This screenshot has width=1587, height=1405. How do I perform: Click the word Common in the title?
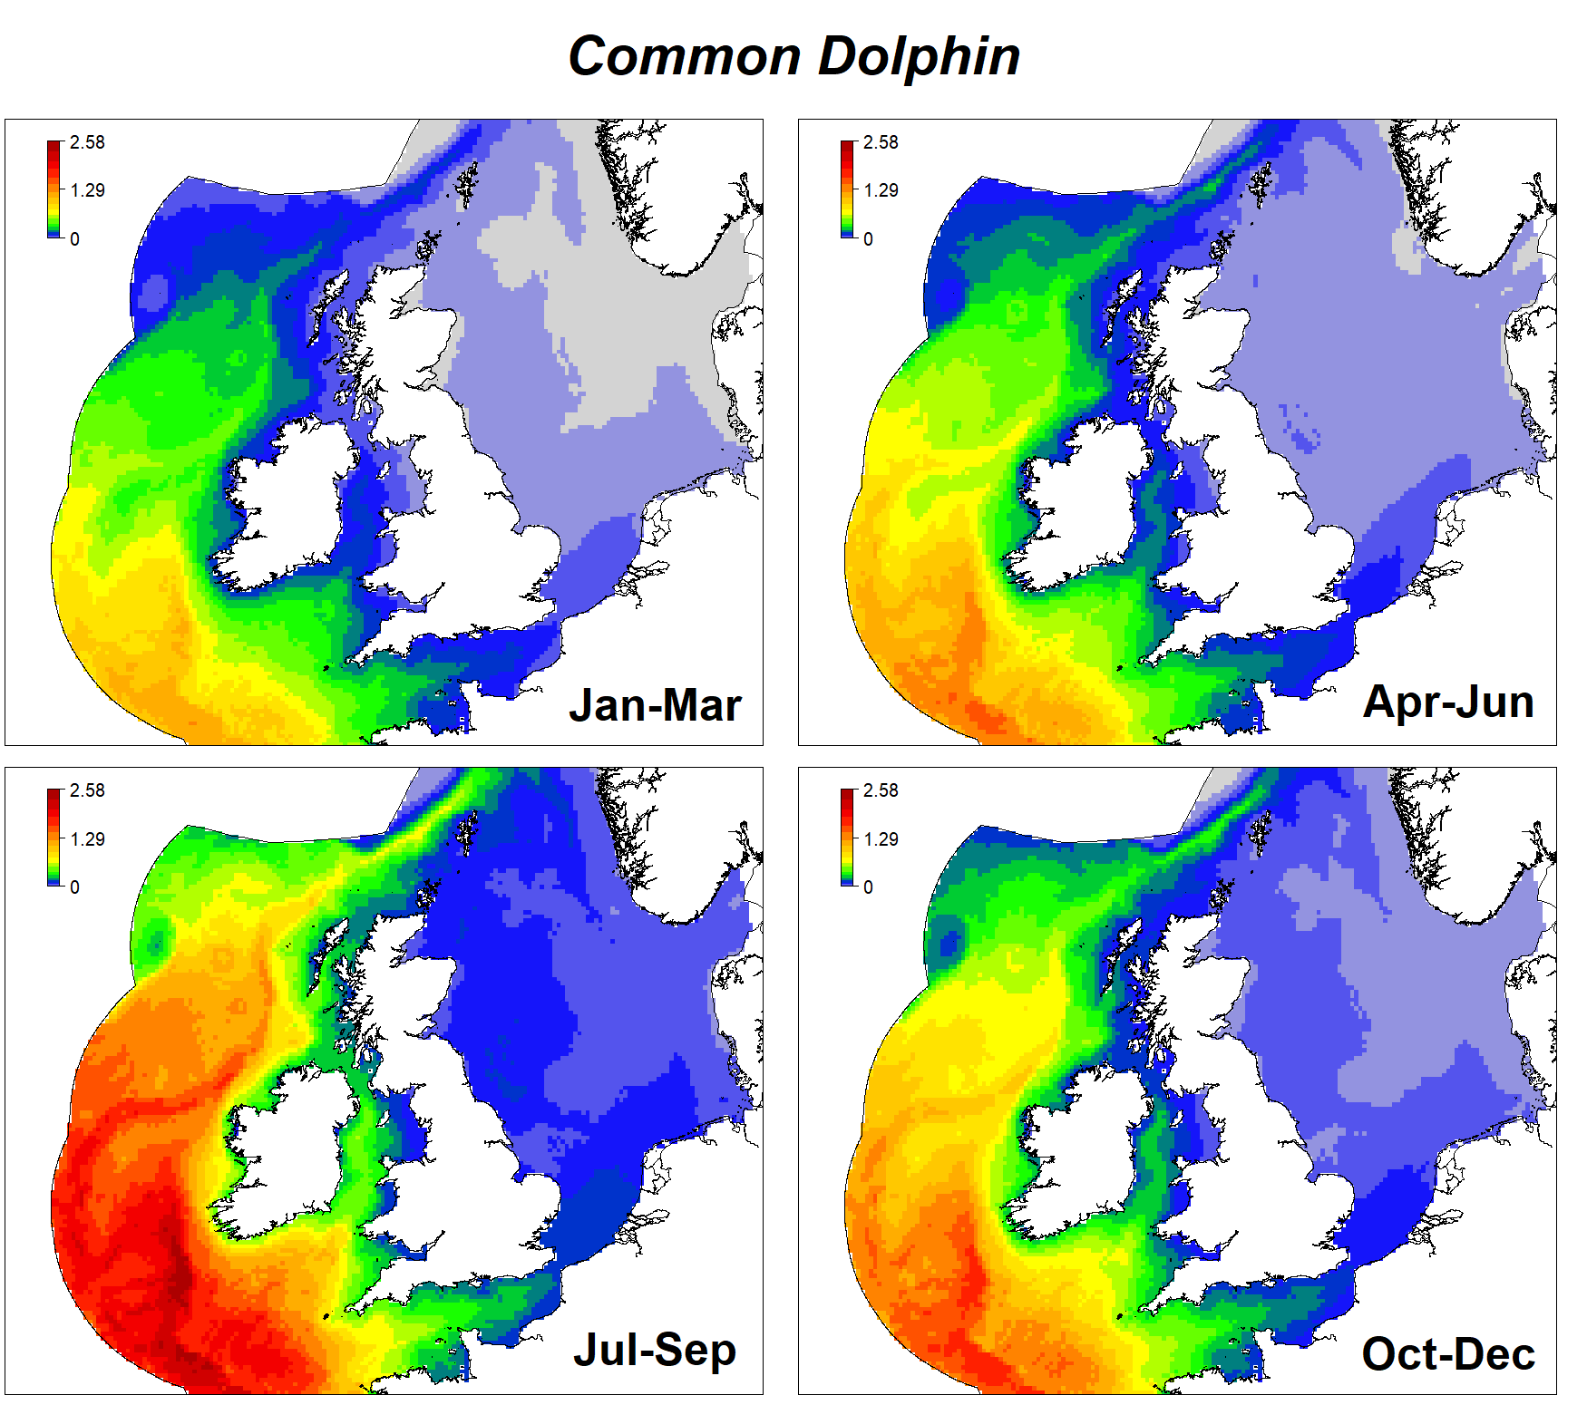click(684, 56)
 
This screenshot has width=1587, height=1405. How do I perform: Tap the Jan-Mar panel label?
click(655, 705)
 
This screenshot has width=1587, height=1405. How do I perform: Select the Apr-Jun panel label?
click(1448, 702)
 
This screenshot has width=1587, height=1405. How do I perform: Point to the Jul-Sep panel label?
click(655, 1350)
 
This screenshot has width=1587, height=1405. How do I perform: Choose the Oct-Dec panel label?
click(1448, 1354)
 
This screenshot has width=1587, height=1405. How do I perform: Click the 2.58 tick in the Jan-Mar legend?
click(87, 142)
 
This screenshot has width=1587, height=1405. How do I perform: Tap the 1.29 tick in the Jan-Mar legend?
click(87, 190)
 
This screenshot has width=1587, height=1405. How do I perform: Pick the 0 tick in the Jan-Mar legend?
click(74, 239)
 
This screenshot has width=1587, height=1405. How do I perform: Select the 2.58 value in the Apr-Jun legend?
click(881, 142)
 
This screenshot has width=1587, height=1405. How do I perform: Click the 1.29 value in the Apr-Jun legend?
click(881, 190)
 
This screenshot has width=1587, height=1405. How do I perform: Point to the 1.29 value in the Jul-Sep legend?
click(87, 839)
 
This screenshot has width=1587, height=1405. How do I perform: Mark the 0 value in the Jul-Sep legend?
click(74, 887)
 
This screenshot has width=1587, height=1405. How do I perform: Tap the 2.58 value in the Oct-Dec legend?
click(881, 790)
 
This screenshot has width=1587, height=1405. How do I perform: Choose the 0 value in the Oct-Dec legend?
click(868, 887)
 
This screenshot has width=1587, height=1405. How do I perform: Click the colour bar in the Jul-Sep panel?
click(54, 838)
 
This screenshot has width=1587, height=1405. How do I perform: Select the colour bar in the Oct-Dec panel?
click(848, 838)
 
